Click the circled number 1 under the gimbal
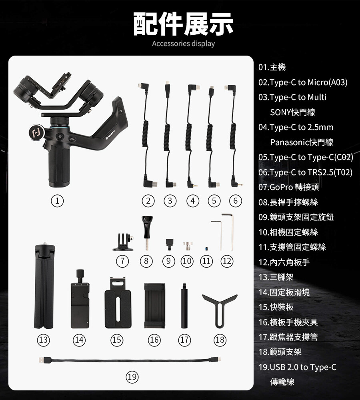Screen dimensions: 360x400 [x=57, y=201]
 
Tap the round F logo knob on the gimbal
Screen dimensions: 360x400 [x=36, y=132]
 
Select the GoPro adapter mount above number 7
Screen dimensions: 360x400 [x=124, y=242]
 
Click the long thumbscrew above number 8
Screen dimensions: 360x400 [x=147, y=233]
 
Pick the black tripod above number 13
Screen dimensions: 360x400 [x=45, y=285]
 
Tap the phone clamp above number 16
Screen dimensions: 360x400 [x=154, y=305]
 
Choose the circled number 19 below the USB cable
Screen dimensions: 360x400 [x=132, y=377]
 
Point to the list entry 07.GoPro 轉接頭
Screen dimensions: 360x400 [x=288, y=187]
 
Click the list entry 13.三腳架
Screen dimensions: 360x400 [x=276, y=277]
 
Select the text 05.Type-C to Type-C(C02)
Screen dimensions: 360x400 [x=306, y=157]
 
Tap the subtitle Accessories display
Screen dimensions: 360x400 [x=183, y=44]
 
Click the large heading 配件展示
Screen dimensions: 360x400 [x=183, y=24]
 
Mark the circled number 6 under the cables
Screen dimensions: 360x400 [x=235, y=201]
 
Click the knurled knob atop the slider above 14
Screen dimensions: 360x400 [x=80, y=275]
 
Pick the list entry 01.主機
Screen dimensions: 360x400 [x=272, y=67]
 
